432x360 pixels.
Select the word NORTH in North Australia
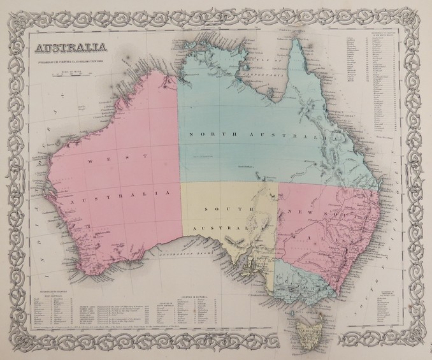click(x=210, y=134)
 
